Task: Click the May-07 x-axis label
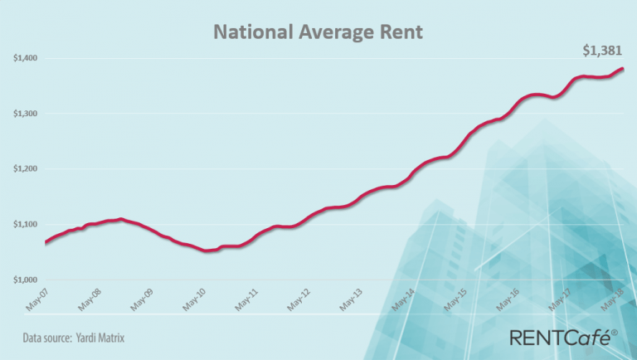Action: click(x=37, y=299)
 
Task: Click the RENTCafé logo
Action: click(x=563, y=337)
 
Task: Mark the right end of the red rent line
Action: click(x=623, y=69)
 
